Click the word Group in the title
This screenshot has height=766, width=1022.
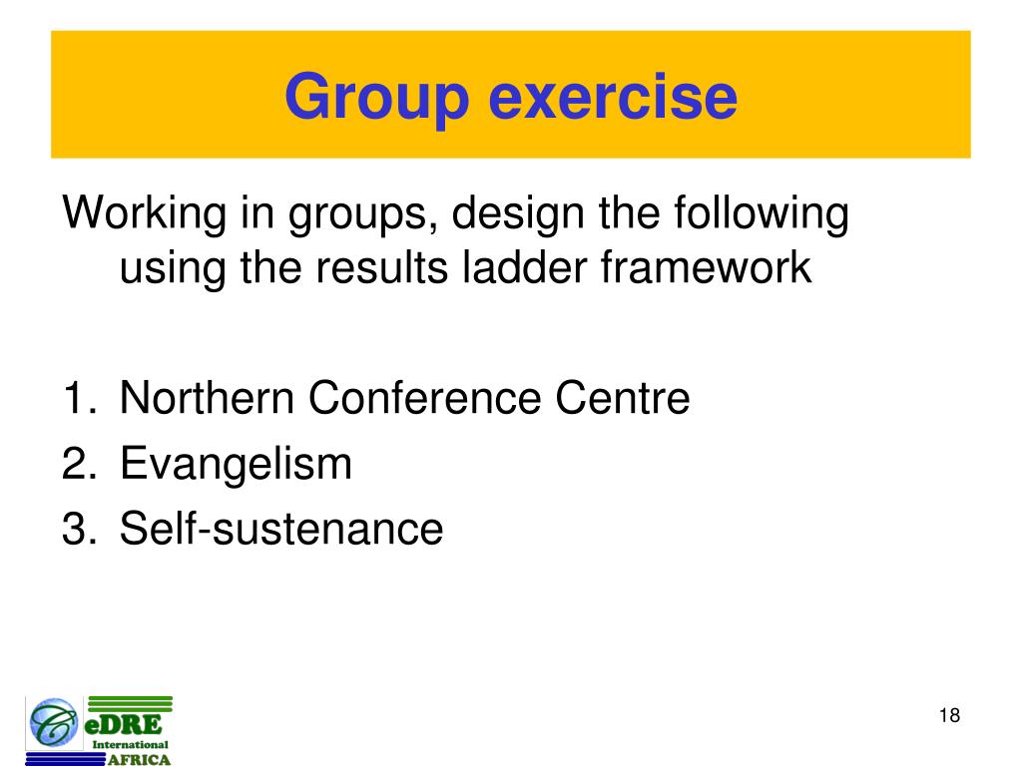(376, 98)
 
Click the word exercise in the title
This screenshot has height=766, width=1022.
(612, 98)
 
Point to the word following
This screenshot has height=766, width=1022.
(762, 214)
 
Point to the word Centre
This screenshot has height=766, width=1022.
(623, 399)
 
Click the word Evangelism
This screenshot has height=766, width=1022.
(236, 464)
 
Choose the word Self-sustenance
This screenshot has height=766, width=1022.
(280, 529)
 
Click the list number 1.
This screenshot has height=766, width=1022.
(76, 399)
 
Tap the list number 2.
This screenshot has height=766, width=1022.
(76, 464)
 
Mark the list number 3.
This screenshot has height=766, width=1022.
(76, 529)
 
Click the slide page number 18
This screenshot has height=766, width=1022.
(949, 716)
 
